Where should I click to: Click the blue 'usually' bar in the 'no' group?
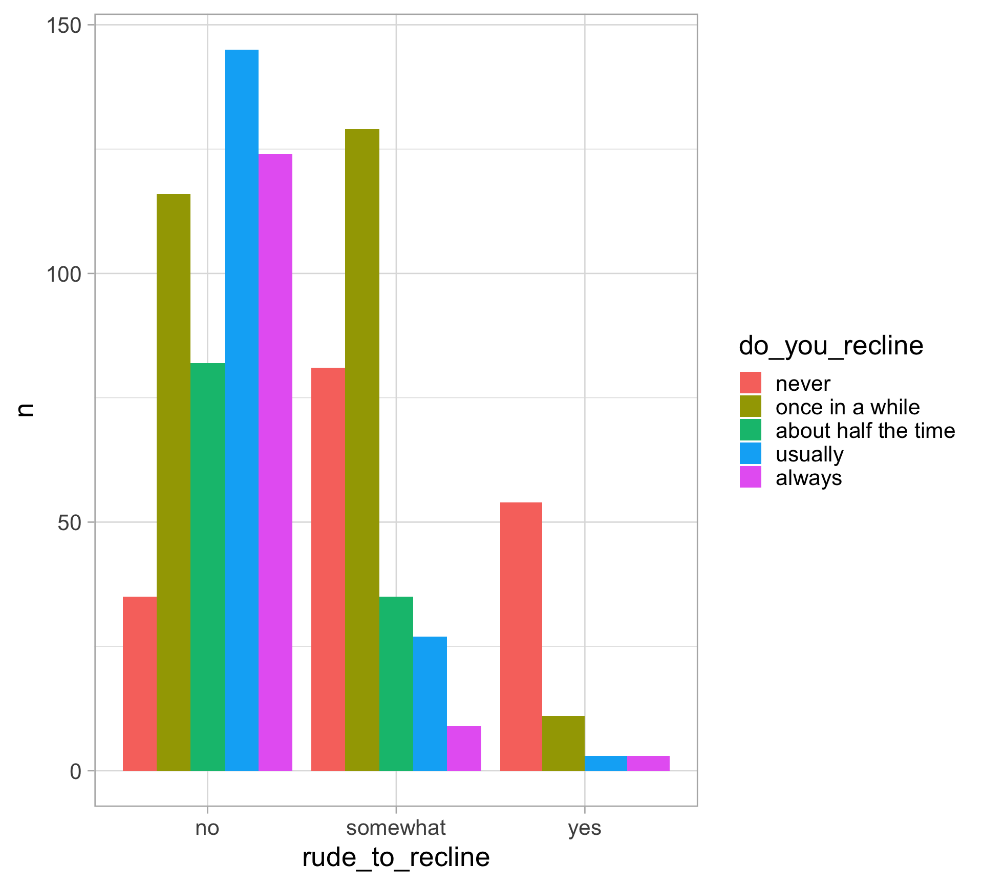[242, 410]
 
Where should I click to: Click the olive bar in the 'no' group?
[174, 482]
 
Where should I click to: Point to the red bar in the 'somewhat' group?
[328, 569]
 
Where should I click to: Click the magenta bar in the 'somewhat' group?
[464, 748]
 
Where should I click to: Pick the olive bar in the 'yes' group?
[563, 743]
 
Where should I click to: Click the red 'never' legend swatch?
[750, 383]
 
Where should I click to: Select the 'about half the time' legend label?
[865, 431]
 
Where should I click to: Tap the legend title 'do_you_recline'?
[830, 346]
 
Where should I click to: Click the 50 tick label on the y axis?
[70, 523]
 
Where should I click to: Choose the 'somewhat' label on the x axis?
[396, 828]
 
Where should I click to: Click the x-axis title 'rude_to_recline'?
[396, 857]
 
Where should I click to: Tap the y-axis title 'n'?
[25, 410]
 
